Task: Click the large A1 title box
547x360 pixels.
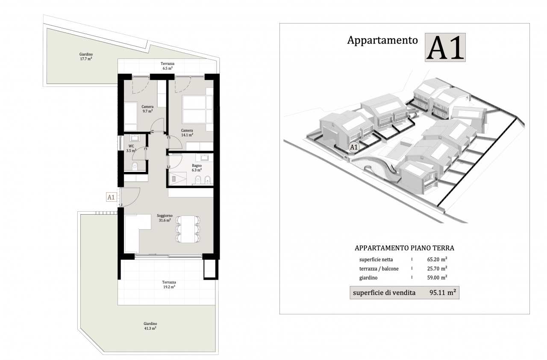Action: coord(445,47)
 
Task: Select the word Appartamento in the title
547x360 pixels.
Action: coord(382,40)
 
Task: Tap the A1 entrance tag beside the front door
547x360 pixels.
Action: coord(111,197)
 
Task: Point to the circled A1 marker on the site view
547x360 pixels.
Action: coord(353,147)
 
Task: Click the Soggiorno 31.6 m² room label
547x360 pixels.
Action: coord(165,218)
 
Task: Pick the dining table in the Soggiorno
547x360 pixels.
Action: coord(188,229)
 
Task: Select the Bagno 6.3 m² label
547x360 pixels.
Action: coord(197,168)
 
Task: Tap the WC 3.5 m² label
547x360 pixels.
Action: coord(131,148)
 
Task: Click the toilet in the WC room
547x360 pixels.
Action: coord(135,166)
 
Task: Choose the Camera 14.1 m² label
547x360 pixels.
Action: coord(187,133)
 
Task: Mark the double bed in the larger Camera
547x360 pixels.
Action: coord(197,109)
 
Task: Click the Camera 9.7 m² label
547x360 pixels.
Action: coord(147,109)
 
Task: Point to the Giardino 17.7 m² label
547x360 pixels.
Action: coord(86,56)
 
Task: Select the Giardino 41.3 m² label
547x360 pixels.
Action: coord(150,326)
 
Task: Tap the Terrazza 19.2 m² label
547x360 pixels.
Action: coord(169,284)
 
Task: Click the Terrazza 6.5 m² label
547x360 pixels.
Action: coord(168,66)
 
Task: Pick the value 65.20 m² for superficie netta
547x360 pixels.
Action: coord(437,260)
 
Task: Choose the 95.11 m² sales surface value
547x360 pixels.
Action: coord(443,292)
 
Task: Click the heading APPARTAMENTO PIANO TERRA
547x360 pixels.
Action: coord(404,248)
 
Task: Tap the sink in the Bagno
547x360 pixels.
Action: coord(205,157)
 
